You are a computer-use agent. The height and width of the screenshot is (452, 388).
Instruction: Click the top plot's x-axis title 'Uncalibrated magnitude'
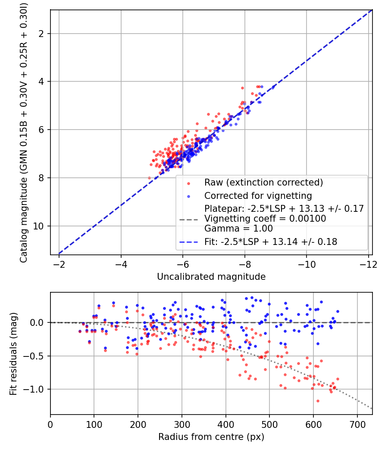click(211, 277)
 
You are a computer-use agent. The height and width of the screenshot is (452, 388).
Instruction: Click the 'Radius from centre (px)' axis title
click(211, 437)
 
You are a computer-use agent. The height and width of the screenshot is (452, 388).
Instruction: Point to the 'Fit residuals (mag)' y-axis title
click(13, 354)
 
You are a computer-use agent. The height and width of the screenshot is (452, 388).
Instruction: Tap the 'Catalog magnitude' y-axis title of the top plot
click(24, 133)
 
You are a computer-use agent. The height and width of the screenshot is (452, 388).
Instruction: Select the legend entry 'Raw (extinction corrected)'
click(263, 183)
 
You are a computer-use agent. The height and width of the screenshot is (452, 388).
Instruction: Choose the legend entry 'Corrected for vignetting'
click(258, 196)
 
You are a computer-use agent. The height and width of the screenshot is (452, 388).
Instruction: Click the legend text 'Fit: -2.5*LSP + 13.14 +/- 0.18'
click(271, 241)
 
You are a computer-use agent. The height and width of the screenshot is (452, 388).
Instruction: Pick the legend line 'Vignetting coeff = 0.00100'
click(265, 219)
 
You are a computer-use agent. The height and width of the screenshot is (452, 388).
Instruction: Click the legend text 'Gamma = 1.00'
click(238, 229)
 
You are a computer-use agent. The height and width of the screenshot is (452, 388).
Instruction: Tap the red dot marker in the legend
click(189, 183)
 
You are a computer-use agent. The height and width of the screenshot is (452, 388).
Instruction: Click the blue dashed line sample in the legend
click(189, 242)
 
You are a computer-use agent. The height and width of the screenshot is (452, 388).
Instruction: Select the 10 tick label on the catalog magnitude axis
click(38, 226)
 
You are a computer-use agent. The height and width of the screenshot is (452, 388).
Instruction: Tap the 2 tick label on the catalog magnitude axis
click(41, 34)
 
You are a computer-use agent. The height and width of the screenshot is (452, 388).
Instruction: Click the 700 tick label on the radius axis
click(357, 424)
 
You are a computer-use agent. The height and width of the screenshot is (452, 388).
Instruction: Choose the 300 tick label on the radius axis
click(182, 424)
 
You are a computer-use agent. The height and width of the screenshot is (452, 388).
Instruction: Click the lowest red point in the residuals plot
click(318, 401)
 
